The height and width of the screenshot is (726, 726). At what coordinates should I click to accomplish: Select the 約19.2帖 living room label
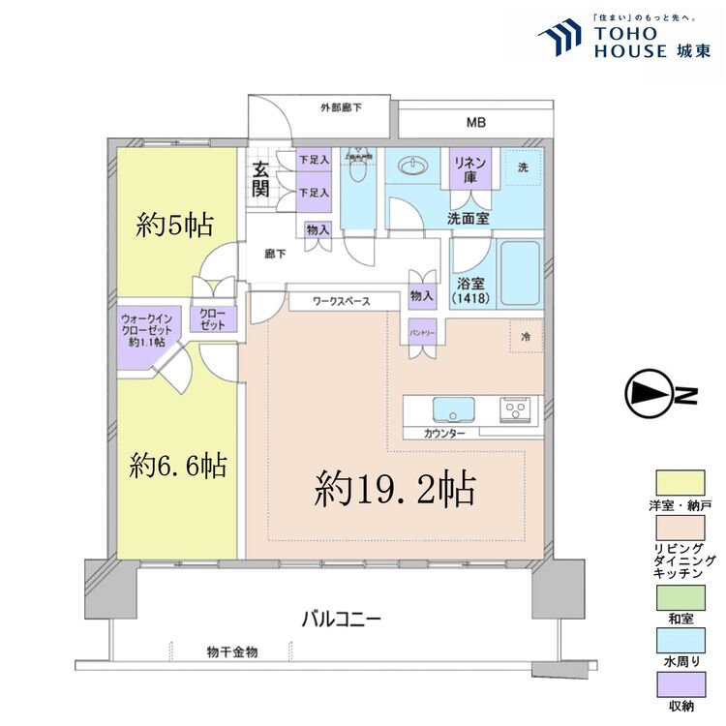coord(395,490)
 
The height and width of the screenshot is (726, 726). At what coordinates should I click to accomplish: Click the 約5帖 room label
coord(175,227)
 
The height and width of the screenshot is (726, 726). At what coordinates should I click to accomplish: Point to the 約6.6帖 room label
coord(179,467)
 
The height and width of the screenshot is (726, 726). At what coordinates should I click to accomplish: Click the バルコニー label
coord(340,618)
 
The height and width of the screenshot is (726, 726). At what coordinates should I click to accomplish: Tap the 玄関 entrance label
coord(260,179)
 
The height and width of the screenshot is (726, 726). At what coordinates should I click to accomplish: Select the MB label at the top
coord(475,123)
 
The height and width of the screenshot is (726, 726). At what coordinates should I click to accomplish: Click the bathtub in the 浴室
coord(520,274)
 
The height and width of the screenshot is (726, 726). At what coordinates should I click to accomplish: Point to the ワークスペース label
coord(342,302)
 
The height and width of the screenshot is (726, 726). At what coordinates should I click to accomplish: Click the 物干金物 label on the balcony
coord(232,652)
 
